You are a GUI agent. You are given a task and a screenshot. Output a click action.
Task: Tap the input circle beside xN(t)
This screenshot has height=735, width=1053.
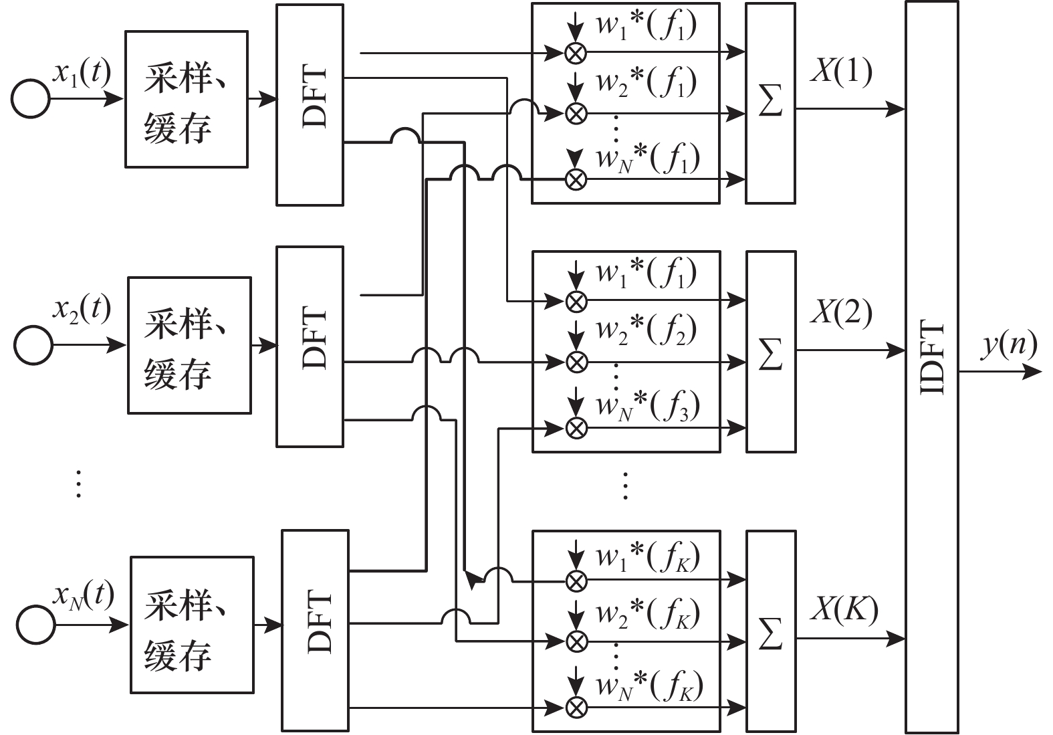[x=35, y=625]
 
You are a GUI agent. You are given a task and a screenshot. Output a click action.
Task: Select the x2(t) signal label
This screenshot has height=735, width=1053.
[x=82, y=310]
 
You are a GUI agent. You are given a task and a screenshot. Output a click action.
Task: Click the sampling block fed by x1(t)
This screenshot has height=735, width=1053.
[x=186, y=99]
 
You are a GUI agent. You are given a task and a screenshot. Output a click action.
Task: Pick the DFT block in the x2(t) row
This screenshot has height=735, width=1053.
[x=310, y=346]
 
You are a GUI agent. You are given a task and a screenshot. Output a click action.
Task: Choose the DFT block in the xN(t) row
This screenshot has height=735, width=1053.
[x=315, y=630]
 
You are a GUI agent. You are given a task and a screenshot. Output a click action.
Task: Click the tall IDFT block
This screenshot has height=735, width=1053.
[x=931, y=367]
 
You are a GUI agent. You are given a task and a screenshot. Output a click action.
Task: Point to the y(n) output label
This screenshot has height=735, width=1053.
[x=1009, y=345]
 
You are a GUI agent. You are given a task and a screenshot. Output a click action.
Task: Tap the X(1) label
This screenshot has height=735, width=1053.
[x=841, y=70]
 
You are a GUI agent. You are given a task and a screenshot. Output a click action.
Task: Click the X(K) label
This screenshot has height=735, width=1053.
[x=844, y=609]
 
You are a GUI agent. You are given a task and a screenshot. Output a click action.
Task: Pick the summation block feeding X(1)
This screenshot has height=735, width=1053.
[x=770, y=103]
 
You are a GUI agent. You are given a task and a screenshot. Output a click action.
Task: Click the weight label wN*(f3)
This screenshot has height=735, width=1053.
[x=647, y=405]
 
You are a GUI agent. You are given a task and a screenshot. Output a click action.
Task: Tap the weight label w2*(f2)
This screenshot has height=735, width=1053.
[x=647, y=329]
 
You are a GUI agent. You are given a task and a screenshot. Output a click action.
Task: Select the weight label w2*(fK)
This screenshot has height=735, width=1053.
[x=647, y=613]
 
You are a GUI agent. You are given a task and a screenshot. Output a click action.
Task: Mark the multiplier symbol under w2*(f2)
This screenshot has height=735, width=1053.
[x=576, y=362]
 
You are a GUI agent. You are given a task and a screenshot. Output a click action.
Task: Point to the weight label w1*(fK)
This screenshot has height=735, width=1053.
[x=647, y=556]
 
